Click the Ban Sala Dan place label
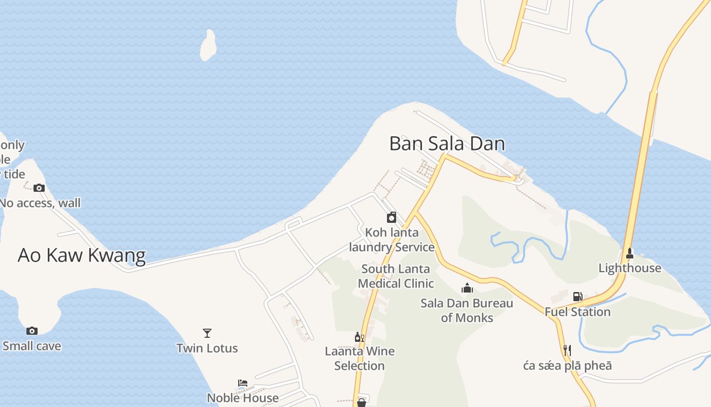click(447, 144)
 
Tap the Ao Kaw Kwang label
click(82, 255)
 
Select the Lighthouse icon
click(630, 253)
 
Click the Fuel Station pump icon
click(577, 296)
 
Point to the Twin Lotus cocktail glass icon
click(207, 333)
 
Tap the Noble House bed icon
click(243, 383)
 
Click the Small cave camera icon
click(32, 331)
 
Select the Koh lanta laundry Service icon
click(392, 217)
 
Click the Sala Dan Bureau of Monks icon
click(467, 288)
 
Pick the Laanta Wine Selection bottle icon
click(359, 337)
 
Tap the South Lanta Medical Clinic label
click(396, 276)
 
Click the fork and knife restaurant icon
click(567, 350)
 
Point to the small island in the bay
click(208, 45)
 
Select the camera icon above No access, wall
click(39, 188)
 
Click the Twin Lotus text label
click(207, 348)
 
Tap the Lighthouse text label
click(630, 268)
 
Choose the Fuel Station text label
click(577, 311)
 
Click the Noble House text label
click(243, 397)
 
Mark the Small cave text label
click(32, 346)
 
